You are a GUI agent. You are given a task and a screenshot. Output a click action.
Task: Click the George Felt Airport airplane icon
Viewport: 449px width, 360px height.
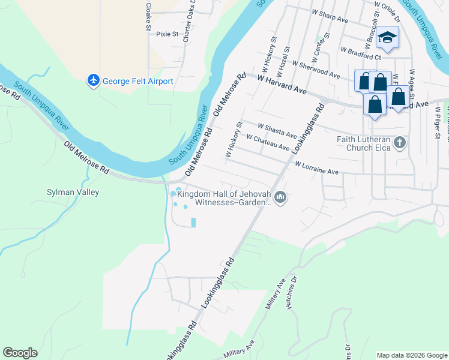(x=93, y=80)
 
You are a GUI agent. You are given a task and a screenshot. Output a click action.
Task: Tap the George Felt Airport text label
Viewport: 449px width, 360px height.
(x=138, y=81)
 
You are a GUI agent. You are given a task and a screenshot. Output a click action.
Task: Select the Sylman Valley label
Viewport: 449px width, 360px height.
(x=73, y=193)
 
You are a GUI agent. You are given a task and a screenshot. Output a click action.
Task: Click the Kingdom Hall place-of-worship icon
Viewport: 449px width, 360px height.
(x=280, y=197)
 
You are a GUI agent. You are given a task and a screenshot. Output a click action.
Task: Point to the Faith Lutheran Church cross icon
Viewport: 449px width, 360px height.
(x=400, y=143)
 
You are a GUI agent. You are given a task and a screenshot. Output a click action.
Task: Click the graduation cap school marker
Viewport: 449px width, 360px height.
(x=387, y=37)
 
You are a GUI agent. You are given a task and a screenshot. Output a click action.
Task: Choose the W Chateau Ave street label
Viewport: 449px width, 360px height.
(x=268, y=143)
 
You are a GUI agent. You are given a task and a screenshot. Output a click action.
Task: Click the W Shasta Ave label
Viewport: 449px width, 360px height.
(x=277, y=130)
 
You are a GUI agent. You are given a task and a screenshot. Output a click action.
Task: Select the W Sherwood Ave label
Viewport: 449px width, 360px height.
(x=316, y=67)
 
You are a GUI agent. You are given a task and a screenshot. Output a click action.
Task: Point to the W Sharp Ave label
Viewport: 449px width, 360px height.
(x=330, y=16)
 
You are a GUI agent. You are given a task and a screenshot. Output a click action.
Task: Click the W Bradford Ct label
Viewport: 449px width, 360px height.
(x=361, y=53)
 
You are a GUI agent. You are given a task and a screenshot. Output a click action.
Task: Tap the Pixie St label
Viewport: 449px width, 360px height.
(x=167, y=34)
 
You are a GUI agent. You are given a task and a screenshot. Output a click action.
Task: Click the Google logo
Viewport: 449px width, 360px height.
(x=20, y=353)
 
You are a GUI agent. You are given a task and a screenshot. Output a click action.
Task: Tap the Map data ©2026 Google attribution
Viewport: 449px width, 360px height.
(x=411, y=355)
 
